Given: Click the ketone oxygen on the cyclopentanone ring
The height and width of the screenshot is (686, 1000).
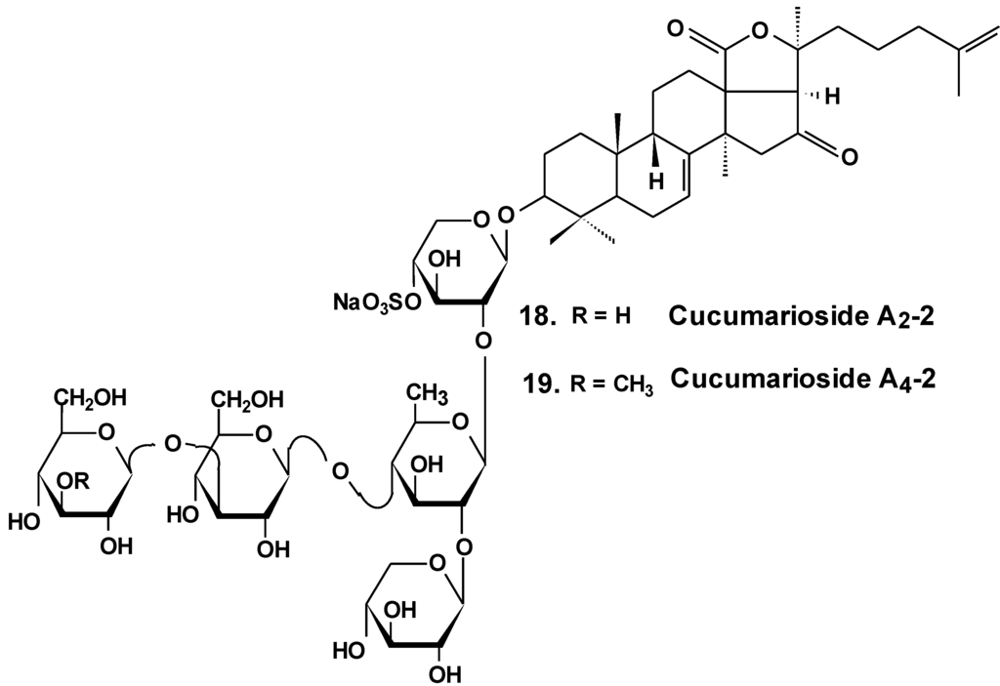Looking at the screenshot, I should click(847, 154).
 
